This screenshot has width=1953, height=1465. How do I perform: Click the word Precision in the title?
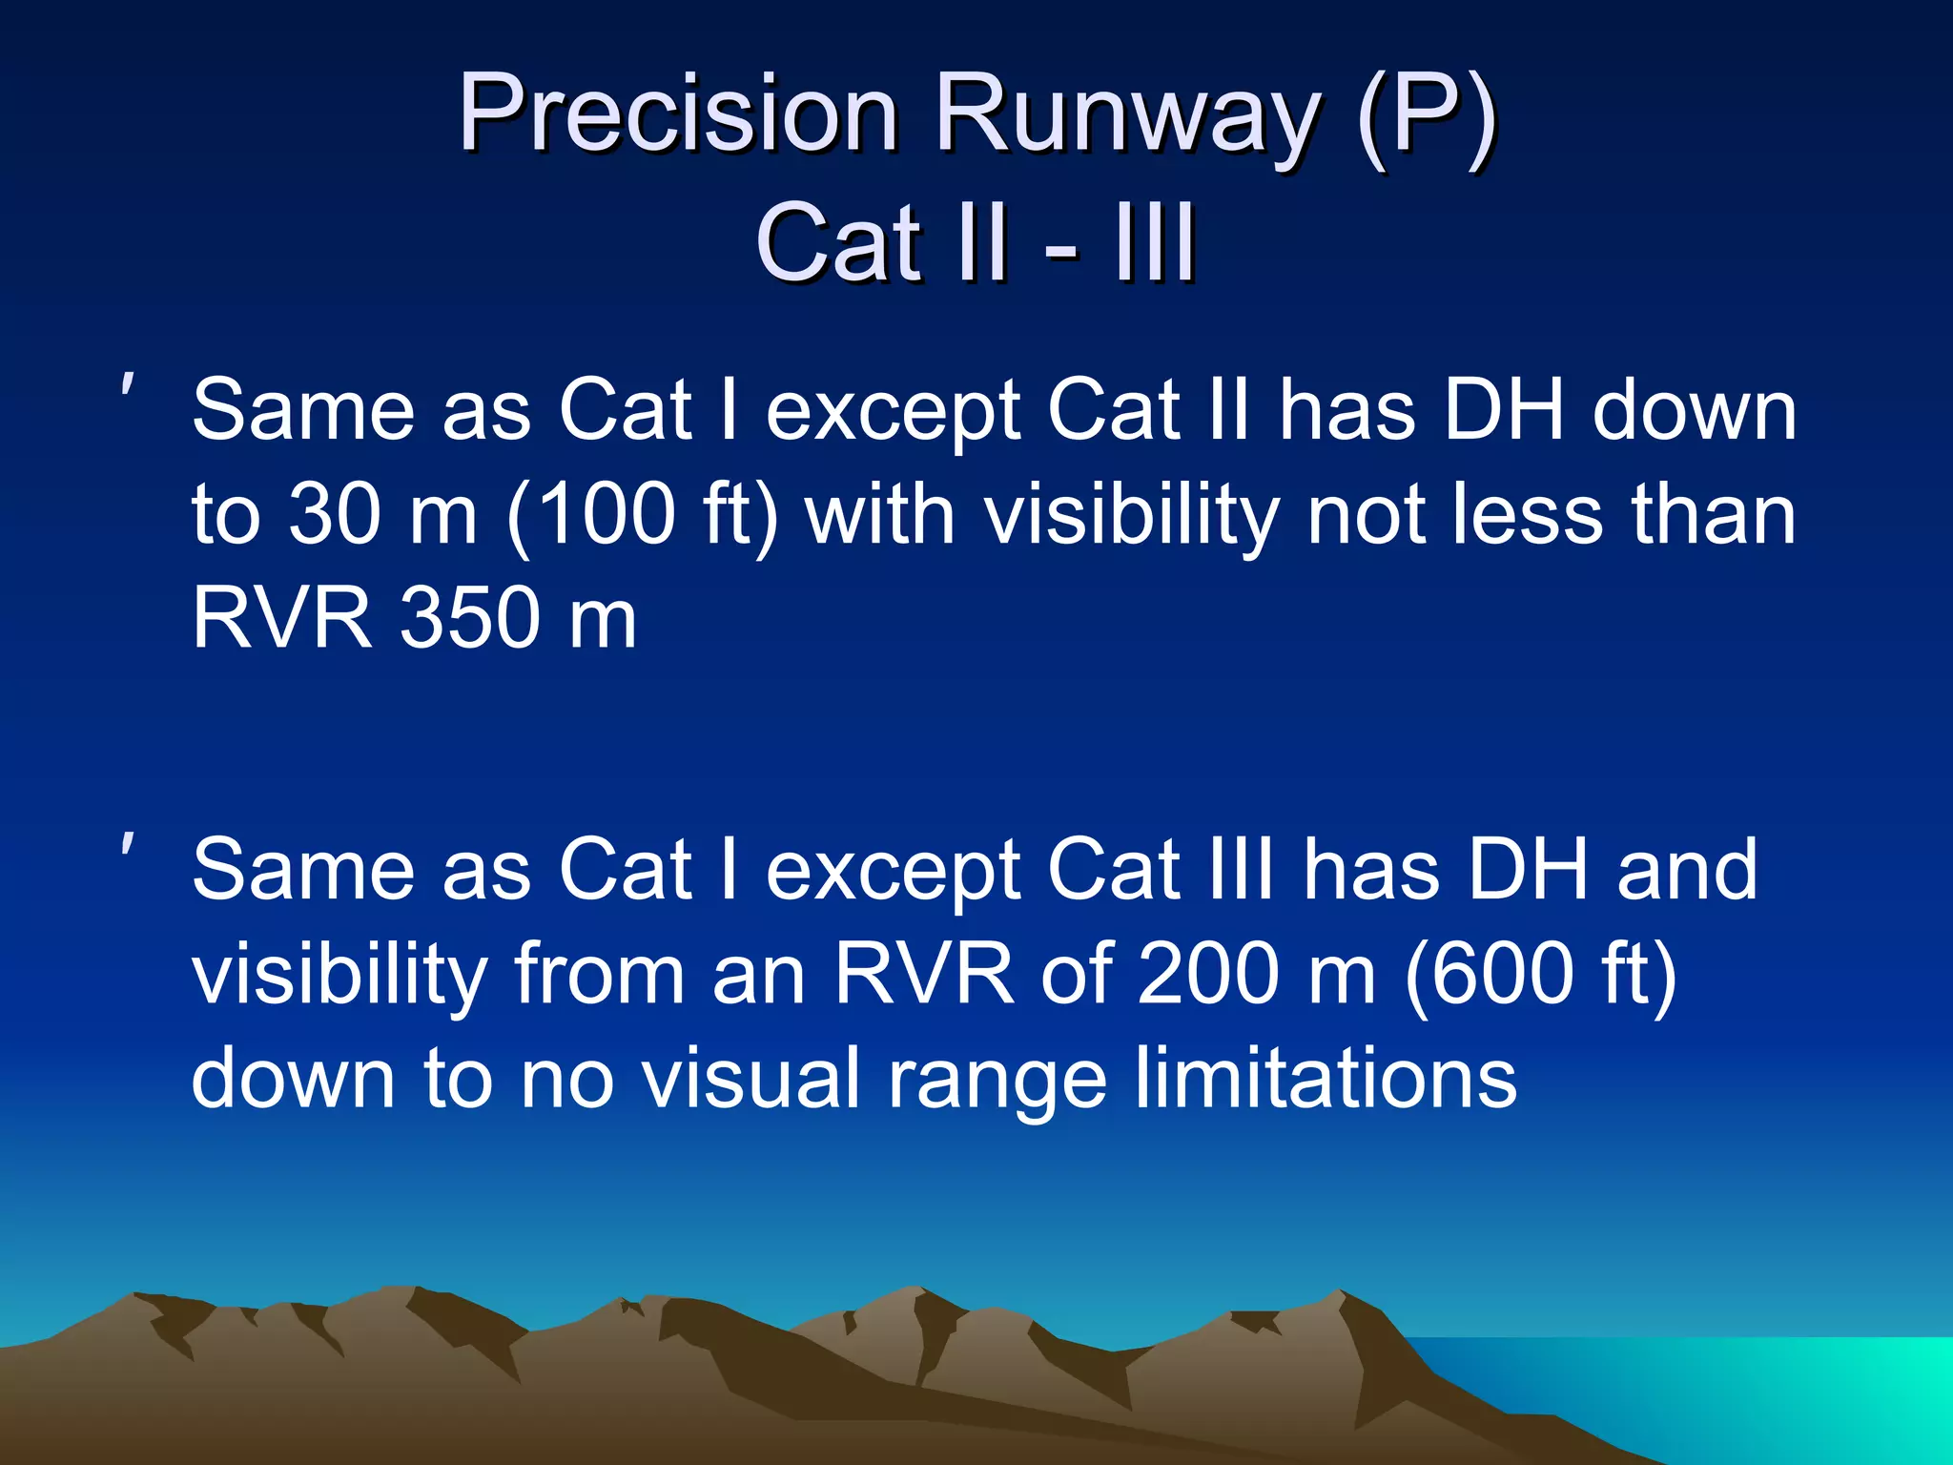[x=678, y=114]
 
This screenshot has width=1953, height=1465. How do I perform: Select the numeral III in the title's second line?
[x=1156, y=244]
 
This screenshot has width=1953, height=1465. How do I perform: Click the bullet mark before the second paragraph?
[x=127, y=846]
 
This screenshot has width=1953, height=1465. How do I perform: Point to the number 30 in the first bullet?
[x=334, y=515]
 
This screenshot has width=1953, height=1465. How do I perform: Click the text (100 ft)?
[x=643, y=515]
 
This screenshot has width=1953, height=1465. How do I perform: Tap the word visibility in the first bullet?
[x=1131, y=515]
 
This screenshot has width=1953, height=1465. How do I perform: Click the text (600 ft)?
[x=1540, y=974]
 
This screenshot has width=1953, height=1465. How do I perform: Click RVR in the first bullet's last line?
[x=281, y=618]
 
